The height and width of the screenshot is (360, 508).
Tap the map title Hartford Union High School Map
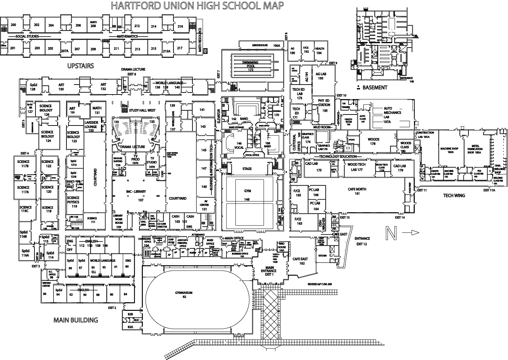click(x=197, y=6)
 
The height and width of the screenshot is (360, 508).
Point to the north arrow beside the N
click(x=410, y=233)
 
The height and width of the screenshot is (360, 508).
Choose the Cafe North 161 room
click(x=357, y=191)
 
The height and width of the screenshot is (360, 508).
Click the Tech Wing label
click(x=454, y=196)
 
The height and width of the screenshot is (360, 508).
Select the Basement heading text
click(x=374, y=88)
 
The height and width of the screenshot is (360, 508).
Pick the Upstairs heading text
click(x=81, y=66)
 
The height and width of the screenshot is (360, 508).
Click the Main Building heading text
click(x=76, y=320)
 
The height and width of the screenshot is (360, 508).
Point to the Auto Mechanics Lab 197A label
click(x=392, y=115)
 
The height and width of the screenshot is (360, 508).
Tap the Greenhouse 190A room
click(x=261, y=45)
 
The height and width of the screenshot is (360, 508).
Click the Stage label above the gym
click(x=247, y=169)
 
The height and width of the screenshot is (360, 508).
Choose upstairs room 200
click(x=13, y=25)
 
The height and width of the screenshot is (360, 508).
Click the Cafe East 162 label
click(x=300, y=261)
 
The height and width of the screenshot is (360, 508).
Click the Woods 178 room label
click(x=374, y=141)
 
